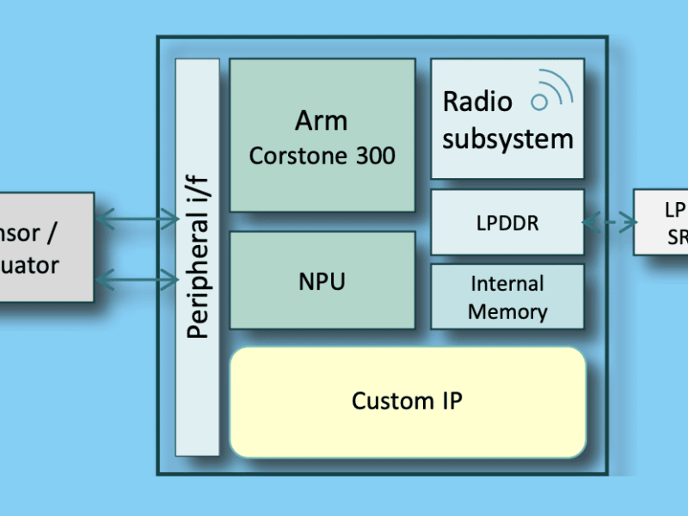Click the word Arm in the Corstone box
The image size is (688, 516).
click(322, 120)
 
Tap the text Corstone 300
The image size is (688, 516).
click(322, 156)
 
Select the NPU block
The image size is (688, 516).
click(322, 280)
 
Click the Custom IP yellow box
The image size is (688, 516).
click(407, 401)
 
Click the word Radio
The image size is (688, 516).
click(477, 102)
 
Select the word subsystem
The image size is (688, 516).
click(507, 138)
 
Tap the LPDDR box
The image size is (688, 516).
click(507, 223)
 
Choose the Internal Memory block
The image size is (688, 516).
click(507, 297)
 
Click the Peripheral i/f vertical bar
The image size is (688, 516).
click(197, 258)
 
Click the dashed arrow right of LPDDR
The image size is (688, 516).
click(609, 223)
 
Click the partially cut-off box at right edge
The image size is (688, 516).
click(662, 223)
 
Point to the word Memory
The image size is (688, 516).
click(507, 311)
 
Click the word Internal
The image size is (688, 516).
click(507, 284)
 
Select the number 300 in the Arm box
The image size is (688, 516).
click(373, 156)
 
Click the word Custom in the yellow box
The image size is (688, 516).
click(380, 401)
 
